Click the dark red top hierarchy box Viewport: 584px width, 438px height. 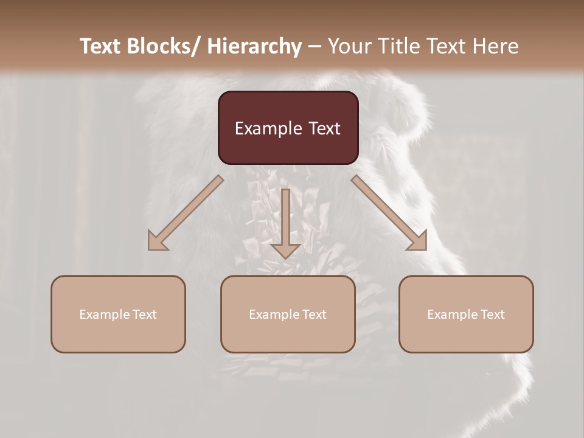(x=288, y=128)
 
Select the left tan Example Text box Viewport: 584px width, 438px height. (x=118, y=314)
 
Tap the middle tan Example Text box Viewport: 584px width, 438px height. (x=288, y=314)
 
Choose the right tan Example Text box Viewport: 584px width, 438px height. (x=466, y=314)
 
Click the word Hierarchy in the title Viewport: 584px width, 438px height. (x=254, y=46)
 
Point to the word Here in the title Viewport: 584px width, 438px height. (x=497, y=46)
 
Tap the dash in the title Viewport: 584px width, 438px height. (x=315, y=46)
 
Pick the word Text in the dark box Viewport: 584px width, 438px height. (x=323, y=128)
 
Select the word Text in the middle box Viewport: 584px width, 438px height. (x=314, y=315)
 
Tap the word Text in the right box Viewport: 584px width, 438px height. (x=492, y=315)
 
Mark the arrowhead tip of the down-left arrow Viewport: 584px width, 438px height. (x=149, y=249)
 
